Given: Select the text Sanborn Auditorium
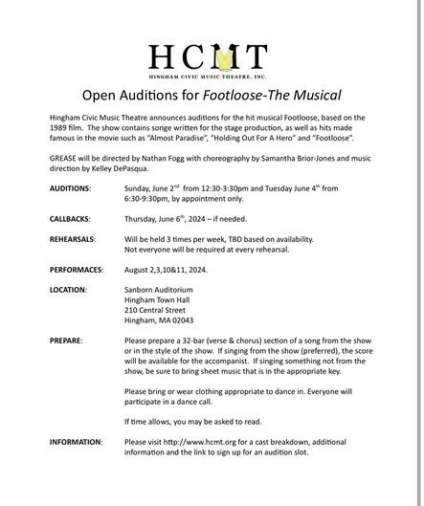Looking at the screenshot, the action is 159,289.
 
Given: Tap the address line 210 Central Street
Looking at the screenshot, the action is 155,309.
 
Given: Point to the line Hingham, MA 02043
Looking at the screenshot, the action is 159,319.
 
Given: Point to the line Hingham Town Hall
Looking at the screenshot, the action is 157,299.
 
